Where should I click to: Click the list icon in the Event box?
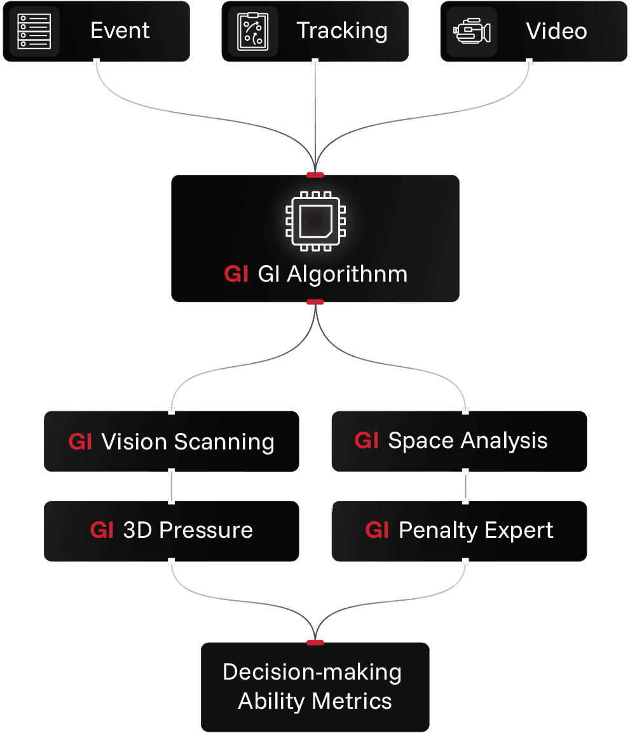click(x=34, y=31)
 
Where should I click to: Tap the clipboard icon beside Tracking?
click(x=252, y=31)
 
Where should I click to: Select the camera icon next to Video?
click(x=471, y=31)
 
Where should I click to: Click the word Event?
click(x=120, y=31)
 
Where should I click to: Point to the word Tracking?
click(x=342, y=31)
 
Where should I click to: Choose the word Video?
click(x=556, y=31)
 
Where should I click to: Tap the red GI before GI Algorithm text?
click(x=236, y=275)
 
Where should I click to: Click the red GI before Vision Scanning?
click(x=80, y=442)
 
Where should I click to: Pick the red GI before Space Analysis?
click(x=367, y=441)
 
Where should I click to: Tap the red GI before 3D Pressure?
click(x=102, y=530)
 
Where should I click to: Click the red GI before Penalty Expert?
click(x=377, y=530)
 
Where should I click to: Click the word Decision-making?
click(x=312, y=673)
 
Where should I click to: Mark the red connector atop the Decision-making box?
click(x=315, y=643)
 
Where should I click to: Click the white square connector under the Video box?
click(x=530, y=62)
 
